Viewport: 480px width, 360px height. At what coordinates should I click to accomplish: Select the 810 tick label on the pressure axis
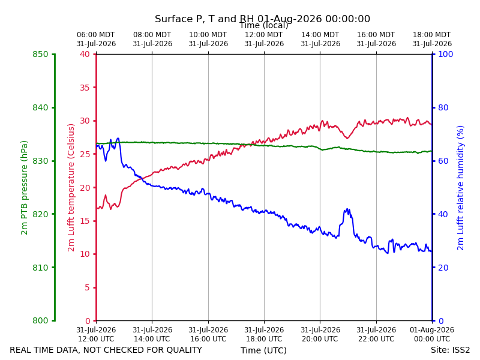point(40,268)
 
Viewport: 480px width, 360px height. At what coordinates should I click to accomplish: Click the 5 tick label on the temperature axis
point(88,287)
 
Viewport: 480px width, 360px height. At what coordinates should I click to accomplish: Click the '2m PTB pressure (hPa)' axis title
point(24,188)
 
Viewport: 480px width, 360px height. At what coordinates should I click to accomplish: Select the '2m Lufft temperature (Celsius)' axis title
point(71,188)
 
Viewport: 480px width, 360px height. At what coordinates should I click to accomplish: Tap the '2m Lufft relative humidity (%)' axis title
point(460,188)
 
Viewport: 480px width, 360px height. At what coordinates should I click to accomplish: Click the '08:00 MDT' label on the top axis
point(152,35)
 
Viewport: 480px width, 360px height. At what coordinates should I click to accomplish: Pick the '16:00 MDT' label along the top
point(376,35)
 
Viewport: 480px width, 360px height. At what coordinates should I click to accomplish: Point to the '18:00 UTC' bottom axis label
point(264,339)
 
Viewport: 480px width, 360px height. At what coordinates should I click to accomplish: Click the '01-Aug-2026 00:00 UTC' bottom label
point(432,334)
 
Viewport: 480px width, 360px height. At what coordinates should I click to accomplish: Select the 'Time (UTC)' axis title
point(263,350)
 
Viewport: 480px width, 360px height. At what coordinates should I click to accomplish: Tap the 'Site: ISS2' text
point(451,350)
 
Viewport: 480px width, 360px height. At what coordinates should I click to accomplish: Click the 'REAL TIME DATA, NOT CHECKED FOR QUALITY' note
point(106,350)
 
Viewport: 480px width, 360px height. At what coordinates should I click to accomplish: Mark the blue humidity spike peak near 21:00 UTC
point(347,209)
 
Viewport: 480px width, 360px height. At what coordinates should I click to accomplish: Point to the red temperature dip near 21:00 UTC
point(347,138)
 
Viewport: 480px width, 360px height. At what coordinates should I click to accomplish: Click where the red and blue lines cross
point(142,178)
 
